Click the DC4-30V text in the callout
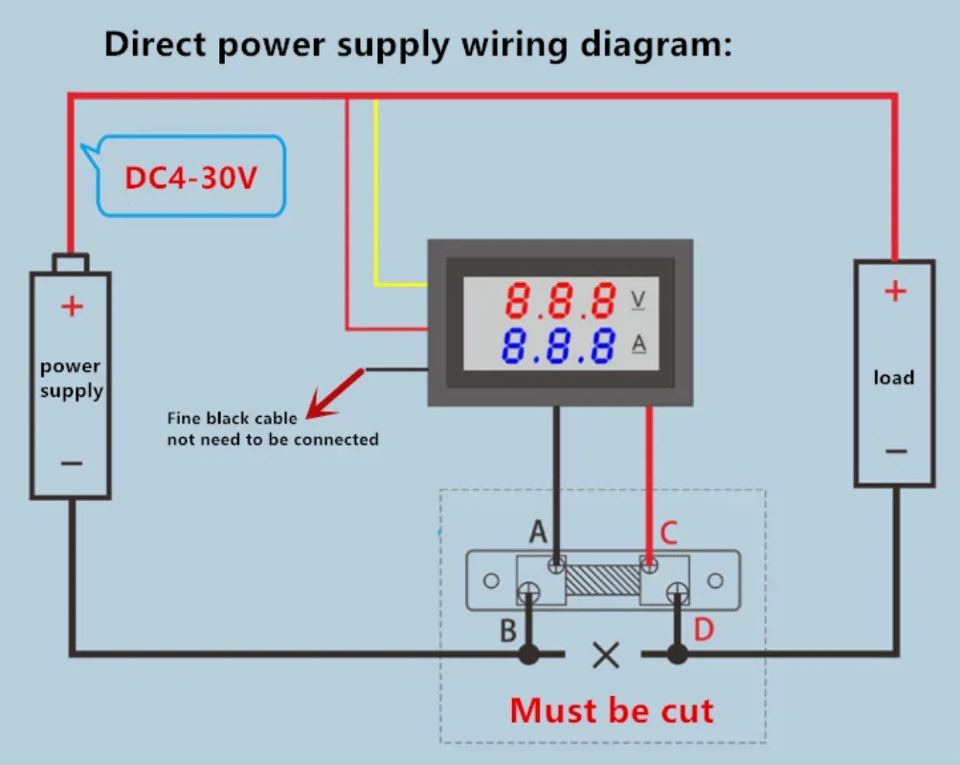[190, 177]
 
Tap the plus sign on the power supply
[72, 306]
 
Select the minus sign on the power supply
[72, 463]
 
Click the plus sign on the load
[895, 291]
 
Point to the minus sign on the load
[896, 451]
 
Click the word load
[894, 378]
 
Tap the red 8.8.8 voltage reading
[560, 300]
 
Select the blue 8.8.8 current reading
[558, 345]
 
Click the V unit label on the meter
[638, 299]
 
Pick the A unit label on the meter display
[638, 343]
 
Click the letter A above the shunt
[538, 532]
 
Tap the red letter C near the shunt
[669, 533]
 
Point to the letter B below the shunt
[508, 630]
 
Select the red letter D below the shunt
[703, 629]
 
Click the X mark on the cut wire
[606, 655]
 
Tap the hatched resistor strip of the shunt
[602, 580]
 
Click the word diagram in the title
[656, 45]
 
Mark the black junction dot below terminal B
[529, 654]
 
